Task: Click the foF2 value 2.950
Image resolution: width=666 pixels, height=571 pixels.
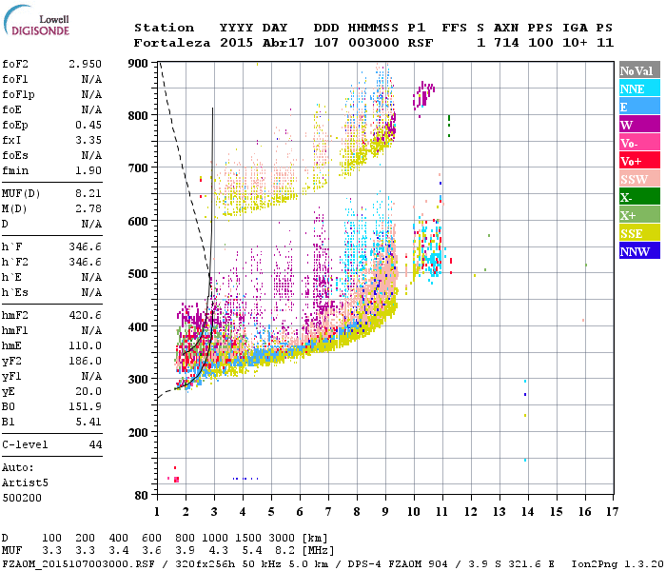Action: pos(86,63)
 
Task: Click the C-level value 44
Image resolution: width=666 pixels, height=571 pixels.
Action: pos(95,444)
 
